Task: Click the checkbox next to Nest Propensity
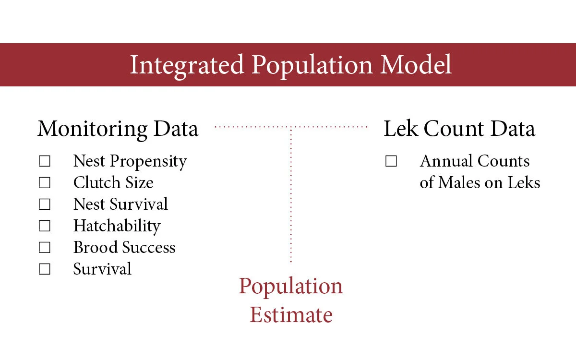(x=45, y=161)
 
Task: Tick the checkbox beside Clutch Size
(x=45, y=183)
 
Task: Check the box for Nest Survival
(x=45, y=204)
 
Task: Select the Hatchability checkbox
(x=45, y=226)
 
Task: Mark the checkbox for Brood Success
(x=45, y=248)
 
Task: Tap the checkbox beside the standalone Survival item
(x=45, y=269)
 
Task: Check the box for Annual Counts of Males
(x=391, y=161)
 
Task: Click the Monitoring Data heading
(x=118, y=129)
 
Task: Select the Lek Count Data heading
(x=459, y=129)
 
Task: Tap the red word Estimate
(x=291, y=315)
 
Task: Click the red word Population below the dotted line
(x=291, y=287)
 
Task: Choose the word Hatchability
(x=117, y=226)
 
